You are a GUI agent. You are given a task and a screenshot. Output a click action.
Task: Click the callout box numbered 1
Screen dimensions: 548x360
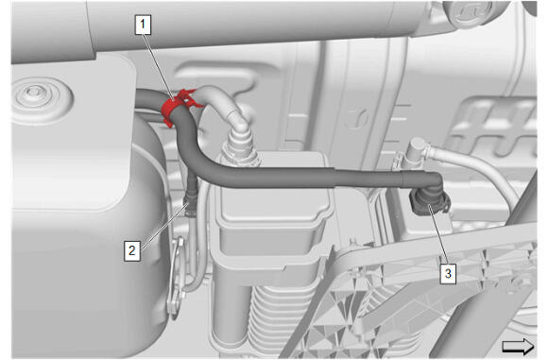143,25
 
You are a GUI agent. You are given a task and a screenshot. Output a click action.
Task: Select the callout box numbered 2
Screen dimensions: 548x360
132,250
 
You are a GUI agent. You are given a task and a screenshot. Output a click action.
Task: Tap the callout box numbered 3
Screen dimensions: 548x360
448,274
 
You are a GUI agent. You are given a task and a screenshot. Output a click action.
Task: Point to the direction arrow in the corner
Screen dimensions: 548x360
518,347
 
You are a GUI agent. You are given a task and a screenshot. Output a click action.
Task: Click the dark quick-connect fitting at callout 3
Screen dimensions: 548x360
430,202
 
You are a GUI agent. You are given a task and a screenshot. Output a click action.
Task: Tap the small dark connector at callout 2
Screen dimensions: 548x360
191,203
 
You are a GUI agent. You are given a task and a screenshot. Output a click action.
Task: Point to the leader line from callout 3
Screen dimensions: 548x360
437,235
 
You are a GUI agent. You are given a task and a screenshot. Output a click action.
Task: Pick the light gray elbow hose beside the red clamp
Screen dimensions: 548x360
223,105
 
